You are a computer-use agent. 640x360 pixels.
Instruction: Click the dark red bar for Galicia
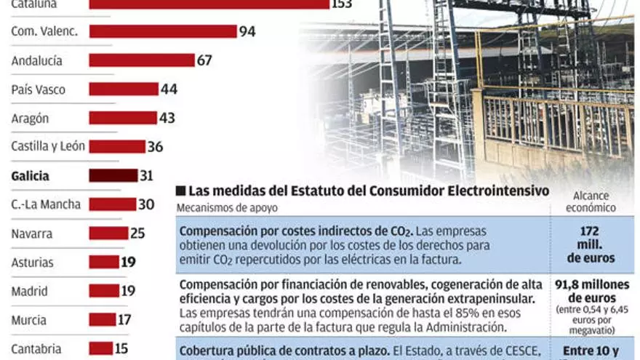click(113, 175)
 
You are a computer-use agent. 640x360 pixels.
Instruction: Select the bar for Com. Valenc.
click(163, 31)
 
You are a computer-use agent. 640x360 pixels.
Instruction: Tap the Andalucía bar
click(142, 60)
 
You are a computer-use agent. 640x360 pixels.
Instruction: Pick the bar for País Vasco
click(124, 89)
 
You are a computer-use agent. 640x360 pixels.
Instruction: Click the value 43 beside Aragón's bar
click(167, 118)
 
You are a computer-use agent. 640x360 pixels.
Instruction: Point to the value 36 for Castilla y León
click(155, 147)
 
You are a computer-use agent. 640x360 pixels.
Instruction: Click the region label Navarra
click(33, 233)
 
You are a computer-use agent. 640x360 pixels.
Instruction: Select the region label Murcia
click(28, 320)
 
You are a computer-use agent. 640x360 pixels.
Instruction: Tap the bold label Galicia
click(31, 176)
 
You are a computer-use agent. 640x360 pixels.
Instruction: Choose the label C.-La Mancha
click(45, 204)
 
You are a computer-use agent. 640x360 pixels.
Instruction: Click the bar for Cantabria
click(101, 348)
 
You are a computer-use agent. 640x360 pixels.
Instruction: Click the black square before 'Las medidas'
click(180, 191)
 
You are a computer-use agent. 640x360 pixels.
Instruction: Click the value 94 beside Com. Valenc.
click(247, 31)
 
